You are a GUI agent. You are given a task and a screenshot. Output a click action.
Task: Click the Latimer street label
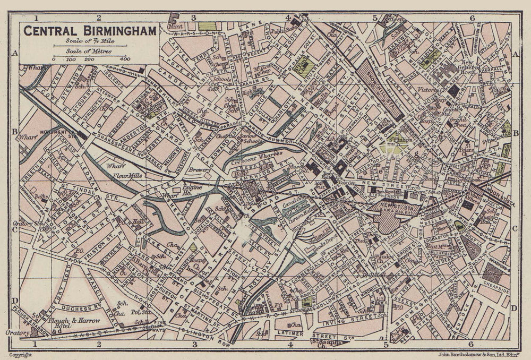pyautogui.click(x=289, y=333)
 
